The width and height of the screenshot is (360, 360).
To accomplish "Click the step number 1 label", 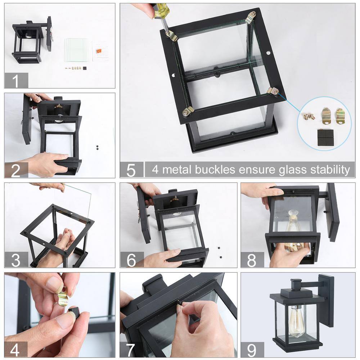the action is [x=15, y=81].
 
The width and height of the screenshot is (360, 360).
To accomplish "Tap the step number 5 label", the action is [x=131, y=170].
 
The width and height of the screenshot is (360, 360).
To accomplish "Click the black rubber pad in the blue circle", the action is [x=325, y=136].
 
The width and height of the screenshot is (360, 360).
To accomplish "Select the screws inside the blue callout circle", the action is [x=309, y=116].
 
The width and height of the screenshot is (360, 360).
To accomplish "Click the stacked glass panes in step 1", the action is [x=76, y=50].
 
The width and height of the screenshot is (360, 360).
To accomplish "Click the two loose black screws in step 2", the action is [x=98, y=147].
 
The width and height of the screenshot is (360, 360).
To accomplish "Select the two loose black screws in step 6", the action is [x=220, y=252].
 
